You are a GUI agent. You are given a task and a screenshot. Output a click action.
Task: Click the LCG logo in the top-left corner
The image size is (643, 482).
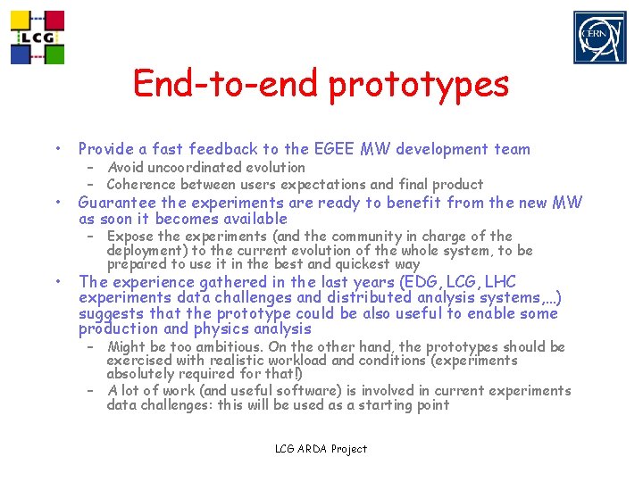tap(37, 37)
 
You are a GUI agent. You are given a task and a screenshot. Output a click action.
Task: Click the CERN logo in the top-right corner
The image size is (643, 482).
tap(599, 37)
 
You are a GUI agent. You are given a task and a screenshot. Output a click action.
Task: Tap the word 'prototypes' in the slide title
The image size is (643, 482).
tap(419, 85)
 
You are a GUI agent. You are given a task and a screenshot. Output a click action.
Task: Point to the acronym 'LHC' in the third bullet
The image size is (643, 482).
tap(497, 282)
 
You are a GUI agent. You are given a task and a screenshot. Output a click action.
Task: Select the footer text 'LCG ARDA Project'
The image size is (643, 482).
tap(321, 449)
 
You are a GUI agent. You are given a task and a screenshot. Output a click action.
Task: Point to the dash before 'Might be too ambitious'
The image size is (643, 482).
tap(91, 346)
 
